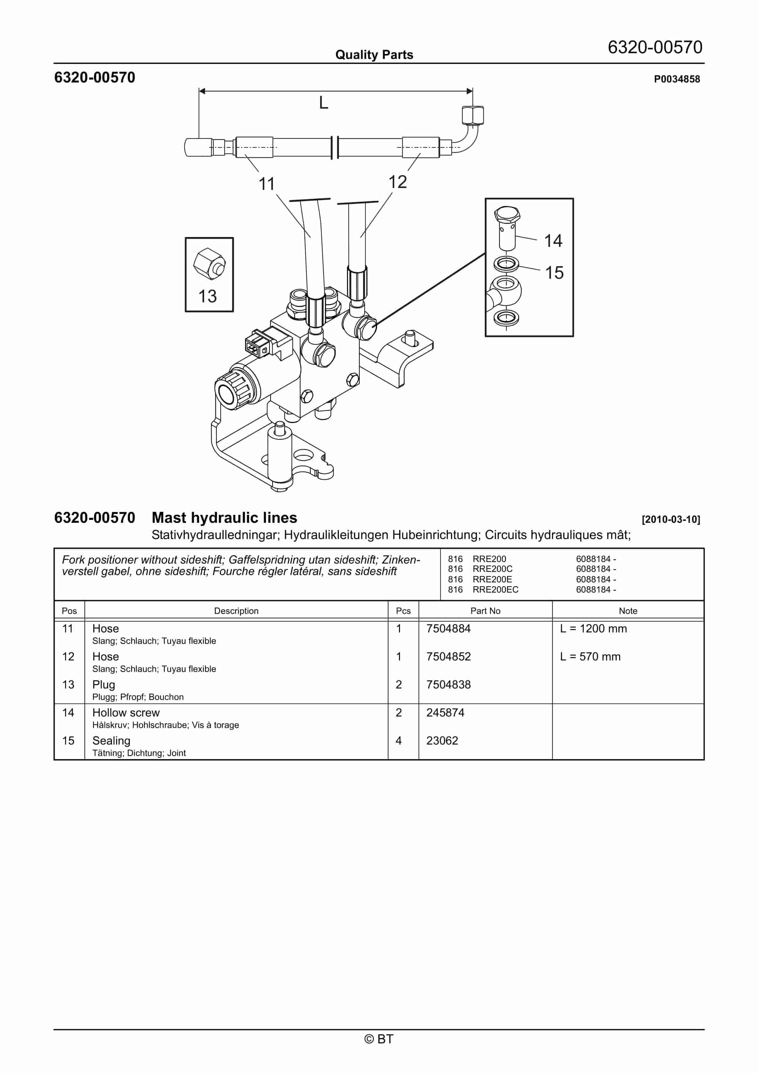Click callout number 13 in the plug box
tap(207, 296)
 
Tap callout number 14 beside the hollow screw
tap(553, 241)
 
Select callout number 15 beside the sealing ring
tap(554, 273)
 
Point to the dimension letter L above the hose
tap(323, 103)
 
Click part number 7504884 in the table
tap(448, 629)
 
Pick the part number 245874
tap(445, 713)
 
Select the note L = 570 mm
tap(590, 657)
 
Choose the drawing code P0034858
tap(677, 79)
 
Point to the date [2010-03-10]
tap(671, 520)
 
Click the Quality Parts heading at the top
tap(374, 55)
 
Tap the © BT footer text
tap(379, 1039)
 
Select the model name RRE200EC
tap(495, 590)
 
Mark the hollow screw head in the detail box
tap(507, 215)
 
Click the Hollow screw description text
tap(126, 713)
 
